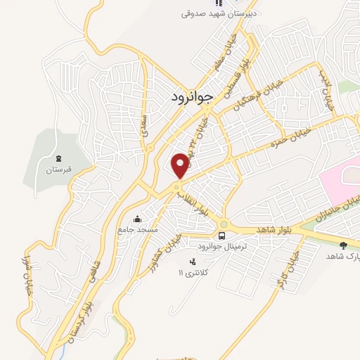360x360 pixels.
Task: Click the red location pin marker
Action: click(x=181, y=165)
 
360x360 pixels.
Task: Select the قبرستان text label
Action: click(x=59, y=170)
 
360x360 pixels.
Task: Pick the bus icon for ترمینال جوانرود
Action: click(x=222, y=235)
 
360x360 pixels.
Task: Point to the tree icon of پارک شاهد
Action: click(x=343, y=245)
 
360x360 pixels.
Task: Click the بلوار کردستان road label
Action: click(x=76, y=316)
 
